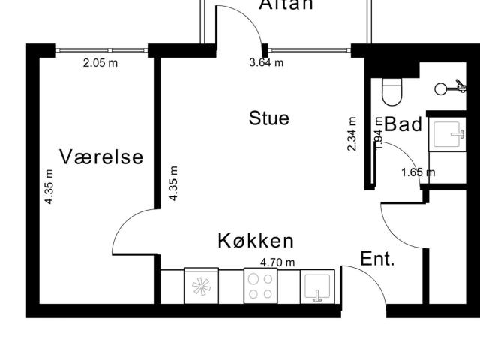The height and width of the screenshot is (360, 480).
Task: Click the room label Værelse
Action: (101, 157)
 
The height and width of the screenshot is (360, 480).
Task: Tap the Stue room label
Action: (269, 118)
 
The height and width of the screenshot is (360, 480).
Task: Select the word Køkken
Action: (256, 241)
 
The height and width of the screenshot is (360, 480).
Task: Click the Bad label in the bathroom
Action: (404, 124)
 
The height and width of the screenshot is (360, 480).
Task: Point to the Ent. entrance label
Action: (378, 259)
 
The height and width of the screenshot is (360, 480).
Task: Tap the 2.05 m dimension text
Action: (100, 63)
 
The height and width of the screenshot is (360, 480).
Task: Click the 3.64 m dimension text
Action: (266, 63)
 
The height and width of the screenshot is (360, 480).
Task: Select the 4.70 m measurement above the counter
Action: (277, 262)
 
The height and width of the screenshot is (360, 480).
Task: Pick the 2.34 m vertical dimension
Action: (352, 134)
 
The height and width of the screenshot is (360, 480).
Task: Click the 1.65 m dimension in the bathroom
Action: (418, 172)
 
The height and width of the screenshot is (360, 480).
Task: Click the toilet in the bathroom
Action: (391, 91)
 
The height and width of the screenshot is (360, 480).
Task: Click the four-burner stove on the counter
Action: (261, 286)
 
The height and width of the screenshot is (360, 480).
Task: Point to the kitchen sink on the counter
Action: (318, 287)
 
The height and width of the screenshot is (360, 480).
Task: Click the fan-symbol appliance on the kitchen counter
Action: (201, 286)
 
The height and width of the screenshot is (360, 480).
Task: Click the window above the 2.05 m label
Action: (102, 50)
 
